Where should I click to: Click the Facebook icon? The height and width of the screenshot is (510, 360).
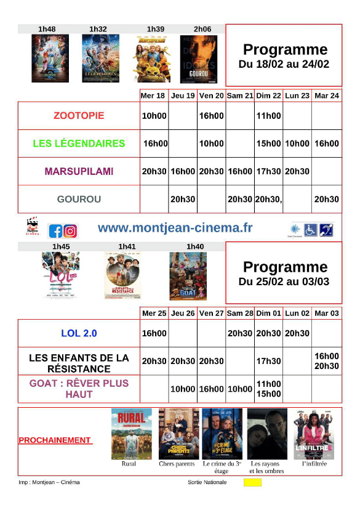[x=55, y=231]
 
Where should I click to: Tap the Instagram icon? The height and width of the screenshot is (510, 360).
[x=71, y=231]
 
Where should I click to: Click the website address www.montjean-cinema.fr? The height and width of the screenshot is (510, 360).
[x=175, y=228]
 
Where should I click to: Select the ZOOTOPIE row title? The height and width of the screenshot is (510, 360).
[x=79, y=116]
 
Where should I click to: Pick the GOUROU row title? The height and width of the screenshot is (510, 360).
[x=79, y=199]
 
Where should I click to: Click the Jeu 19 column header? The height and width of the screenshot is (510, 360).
[x=183, y=95]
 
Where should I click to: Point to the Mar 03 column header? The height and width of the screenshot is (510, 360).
[x=327, y=313]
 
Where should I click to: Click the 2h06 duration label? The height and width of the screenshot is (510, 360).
[x=202, y=29]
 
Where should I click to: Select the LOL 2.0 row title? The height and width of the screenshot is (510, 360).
[x=79, y=333]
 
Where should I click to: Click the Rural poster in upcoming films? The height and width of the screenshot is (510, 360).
[x=130, y=434]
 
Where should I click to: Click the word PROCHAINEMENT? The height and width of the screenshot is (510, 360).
[x=55, y=440]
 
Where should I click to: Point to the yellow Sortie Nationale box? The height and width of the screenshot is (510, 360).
[x=252, y=482]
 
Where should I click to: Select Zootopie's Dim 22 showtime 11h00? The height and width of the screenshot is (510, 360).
[x=268, y=116]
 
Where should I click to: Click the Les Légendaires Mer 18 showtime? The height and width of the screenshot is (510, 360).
[x=155, y=144]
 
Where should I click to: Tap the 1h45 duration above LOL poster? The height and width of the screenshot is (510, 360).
[x=61, y=246]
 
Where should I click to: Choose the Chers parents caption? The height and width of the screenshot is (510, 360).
[x=177, y=464]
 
